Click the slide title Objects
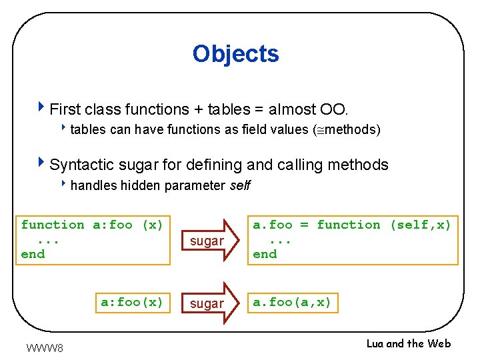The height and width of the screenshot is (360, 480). [235, 54]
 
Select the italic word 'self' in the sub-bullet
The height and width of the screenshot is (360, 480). [239, 185]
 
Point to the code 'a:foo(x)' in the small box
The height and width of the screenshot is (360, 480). [131, 302]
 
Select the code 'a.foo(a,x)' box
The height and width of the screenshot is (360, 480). [291, 302]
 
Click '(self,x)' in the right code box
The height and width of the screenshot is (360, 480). [420, 225]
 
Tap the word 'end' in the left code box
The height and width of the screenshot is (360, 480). [33, 254]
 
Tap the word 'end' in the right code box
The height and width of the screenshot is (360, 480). [265, 254]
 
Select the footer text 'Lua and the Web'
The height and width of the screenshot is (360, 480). [408, 343]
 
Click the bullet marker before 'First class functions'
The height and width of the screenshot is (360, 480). [43, 107]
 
